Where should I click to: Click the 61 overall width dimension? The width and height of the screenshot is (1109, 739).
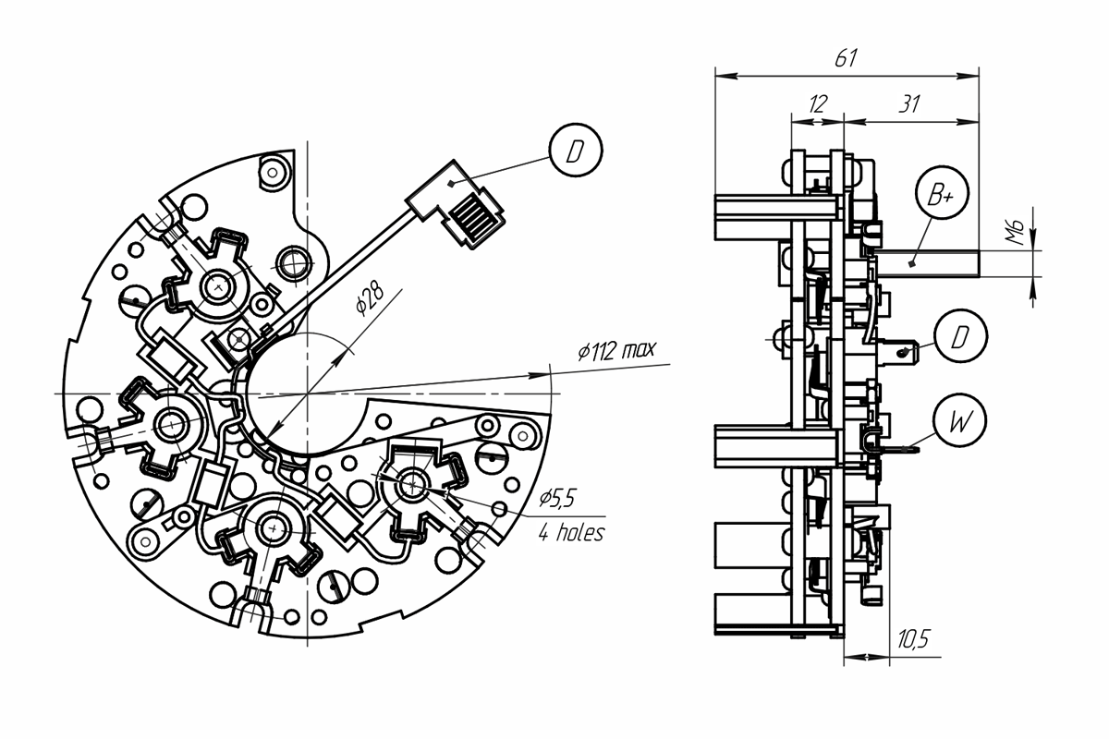[846, 58]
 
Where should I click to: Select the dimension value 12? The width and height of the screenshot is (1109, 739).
[818, 104]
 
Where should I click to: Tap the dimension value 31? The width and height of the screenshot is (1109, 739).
[909, 104]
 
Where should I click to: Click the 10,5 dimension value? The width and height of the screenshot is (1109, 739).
[914, 639]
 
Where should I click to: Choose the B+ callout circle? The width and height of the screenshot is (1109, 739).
[942, 192]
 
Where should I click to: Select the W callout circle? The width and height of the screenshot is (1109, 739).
[959, 420]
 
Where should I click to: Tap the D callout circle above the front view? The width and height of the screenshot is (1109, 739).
[576, 150]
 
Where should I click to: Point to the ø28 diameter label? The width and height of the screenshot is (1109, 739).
[370, 299]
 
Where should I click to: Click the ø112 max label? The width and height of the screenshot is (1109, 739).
[617, 350]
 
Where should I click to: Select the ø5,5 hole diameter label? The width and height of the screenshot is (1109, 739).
[557, 499]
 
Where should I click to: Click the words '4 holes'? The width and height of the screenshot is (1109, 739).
[571, 533]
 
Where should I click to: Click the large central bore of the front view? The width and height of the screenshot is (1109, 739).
[307, 394]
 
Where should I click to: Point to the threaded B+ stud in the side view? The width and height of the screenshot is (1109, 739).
[927, 264]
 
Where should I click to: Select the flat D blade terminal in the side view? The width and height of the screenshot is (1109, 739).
[897, 351]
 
